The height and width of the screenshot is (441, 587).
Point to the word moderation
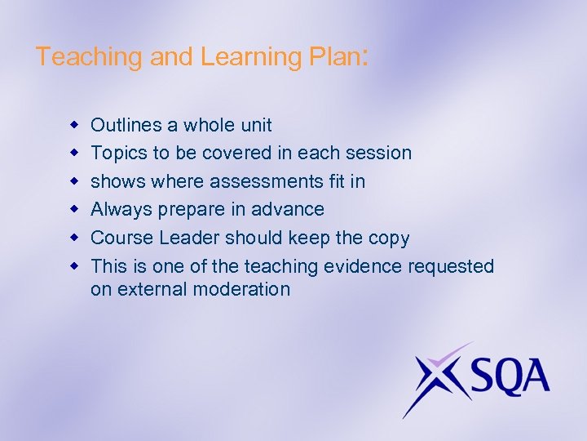tap(248, 289)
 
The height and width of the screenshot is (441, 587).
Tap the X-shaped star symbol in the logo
tap(436, 376)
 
